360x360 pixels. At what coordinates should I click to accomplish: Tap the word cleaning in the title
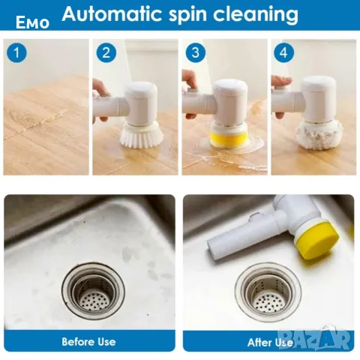coord(256,15)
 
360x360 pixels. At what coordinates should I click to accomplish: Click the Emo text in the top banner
coord(32,22)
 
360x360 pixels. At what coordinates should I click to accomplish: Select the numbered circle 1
coord(16,52)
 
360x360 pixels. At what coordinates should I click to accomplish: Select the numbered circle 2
coord(106,52)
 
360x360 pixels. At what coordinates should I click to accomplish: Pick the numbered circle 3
coord(196,52)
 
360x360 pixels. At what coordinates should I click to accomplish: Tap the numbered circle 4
coord(283,52)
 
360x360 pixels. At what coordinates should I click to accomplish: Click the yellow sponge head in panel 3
coord(229,139)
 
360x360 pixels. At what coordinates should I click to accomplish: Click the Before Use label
coord(88,341)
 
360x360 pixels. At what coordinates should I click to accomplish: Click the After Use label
coord(270,343)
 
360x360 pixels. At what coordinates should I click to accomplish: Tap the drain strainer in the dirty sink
coord(93,290)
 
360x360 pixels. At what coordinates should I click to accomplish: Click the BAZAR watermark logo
coord(315,338)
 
